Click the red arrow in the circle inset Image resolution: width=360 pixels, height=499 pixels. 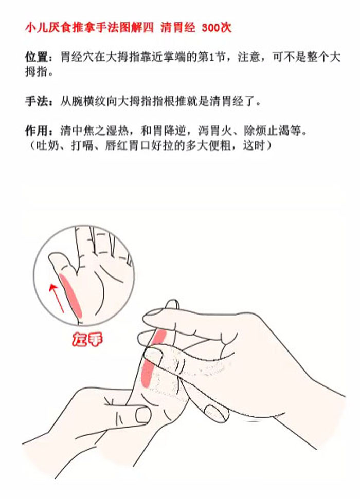pos(56,298)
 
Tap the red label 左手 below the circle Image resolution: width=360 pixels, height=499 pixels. pos(87,339)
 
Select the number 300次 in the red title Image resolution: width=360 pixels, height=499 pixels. pos(217,28)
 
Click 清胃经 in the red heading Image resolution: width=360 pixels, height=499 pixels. pos(178,28)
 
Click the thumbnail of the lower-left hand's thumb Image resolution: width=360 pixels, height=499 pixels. pos(142,415)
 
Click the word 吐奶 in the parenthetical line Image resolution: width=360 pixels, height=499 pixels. pos(48,145)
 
